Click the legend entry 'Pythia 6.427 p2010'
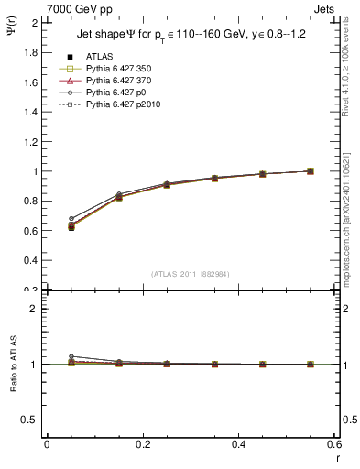[116, 107]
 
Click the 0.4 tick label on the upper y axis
[30, 261]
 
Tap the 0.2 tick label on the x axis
[143, 444]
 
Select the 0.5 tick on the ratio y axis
[30, 420]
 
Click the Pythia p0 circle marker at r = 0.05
[47, 219]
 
